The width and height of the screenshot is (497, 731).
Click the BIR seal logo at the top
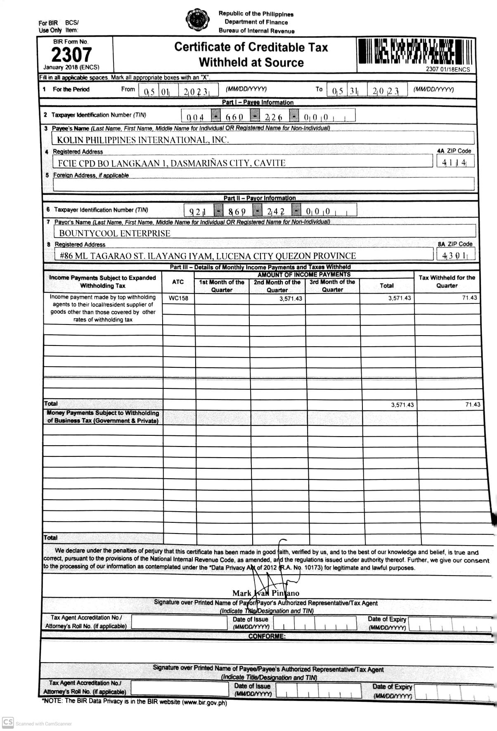click(x=196, y=20)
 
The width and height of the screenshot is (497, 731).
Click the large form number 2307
click(x=71, y=54)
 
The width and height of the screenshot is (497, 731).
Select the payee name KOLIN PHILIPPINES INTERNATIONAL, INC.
click(x=142, y=140)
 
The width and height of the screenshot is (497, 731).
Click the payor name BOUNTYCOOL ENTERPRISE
click(x=114, y=233)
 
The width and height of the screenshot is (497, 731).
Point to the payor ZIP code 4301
click(x=455, y=256)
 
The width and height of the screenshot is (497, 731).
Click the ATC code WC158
click(x=178, y=298)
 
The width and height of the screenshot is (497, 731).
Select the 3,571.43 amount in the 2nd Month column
click(x=290, y=299)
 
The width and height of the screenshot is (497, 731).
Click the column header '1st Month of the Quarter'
click(x=222, y=286)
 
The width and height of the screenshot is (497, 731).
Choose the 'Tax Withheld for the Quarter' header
click(x=447, y=281)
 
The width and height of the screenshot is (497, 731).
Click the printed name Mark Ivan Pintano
click(x=265, y=593)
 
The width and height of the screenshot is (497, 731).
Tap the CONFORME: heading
click(x=267, y=636)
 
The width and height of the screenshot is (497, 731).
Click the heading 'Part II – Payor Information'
click(x=260, y=198)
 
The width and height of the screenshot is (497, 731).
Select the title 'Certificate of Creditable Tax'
click(x=251, y=47)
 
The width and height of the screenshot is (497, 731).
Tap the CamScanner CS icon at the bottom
click(x=8, y=722)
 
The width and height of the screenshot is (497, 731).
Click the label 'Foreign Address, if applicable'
click(x=91, y=175)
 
